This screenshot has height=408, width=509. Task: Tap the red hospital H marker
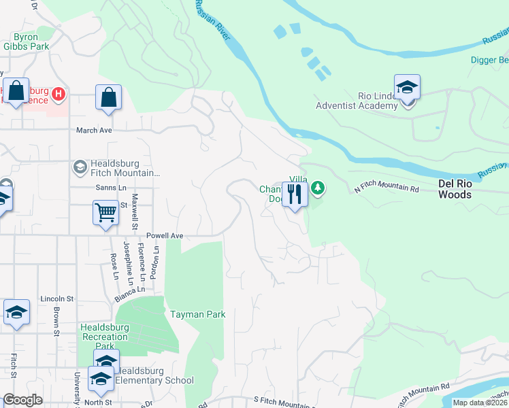(x=59, y=93)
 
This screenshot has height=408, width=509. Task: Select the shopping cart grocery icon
(x=105, y=213)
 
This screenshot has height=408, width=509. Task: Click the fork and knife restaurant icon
(x=295, y=194)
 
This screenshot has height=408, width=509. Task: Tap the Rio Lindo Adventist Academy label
(x=357, y=101)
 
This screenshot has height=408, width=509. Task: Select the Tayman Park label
(x=197, y=314)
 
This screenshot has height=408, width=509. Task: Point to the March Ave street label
(x=93, y=130)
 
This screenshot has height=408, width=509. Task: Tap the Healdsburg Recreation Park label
(x=104, y=332)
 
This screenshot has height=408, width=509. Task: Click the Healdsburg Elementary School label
(x=154, y=376)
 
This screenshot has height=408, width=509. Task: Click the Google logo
(x=22, y=400)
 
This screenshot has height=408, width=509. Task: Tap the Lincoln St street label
(x=56, y=299)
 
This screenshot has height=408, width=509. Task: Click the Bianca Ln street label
(x=130, y=294)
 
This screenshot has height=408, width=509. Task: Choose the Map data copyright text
(x=479, y=403)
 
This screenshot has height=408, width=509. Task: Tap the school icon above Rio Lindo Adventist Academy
(x=407, y=87)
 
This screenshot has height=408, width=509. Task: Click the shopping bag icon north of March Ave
(x=108, y=97)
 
